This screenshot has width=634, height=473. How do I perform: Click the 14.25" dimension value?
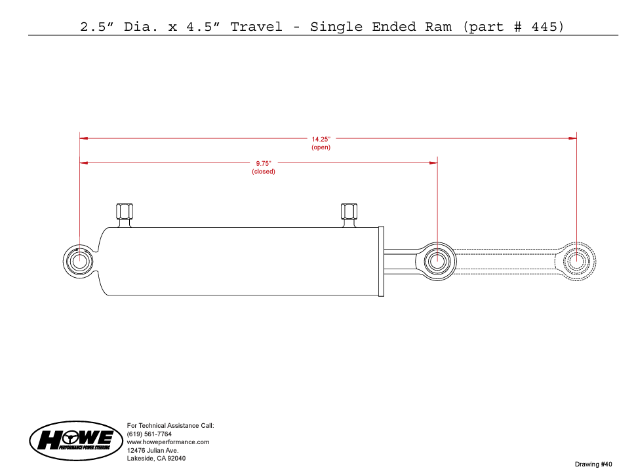[x=321, y=139]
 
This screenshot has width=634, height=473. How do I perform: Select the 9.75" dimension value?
[x=264, y=163]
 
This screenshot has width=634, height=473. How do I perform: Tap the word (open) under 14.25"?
[x=321, y=147]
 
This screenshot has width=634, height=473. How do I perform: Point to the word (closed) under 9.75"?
[x=264, y=171]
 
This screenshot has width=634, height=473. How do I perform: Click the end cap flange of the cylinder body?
[x=381, y=261]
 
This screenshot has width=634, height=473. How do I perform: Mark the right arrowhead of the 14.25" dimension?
[x=572, y=138]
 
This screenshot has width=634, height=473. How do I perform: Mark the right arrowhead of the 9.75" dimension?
[x=433, y=163]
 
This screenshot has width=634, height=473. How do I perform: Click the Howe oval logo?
[x=76, y=441]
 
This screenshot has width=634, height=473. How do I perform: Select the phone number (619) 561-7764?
[x=149, y=434]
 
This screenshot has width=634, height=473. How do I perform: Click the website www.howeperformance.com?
[x=168, y=442]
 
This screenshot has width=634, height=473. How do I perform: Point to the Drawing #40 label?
[x=593, y=464]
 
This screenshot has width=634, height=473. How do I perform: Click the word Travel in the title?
[x=256, y=27]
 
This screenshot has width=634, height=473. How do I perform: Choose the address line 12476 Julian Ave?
[x=153, y=450]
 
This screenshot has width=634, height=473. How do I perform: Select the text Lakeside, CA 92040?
[x=157, y=459]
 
